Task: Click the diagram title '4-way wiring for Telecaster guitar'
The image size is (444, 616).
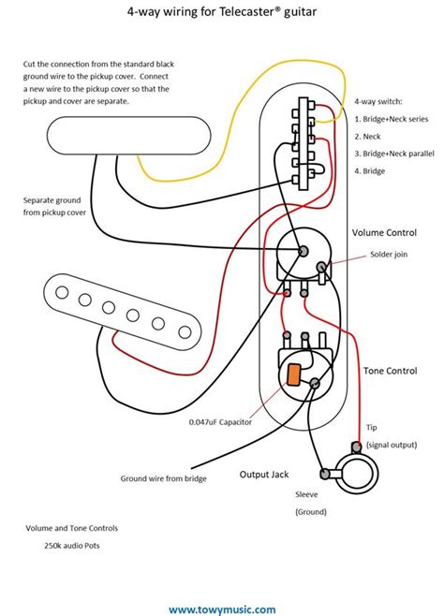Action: coord(222,14)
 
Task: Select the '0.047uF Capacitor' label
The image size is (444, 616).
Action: coord(218,422)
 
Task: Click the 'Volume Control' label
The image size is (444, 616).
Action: coord(384,231)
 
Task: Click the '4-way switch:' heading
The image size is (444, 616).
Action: coord(379,101)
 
